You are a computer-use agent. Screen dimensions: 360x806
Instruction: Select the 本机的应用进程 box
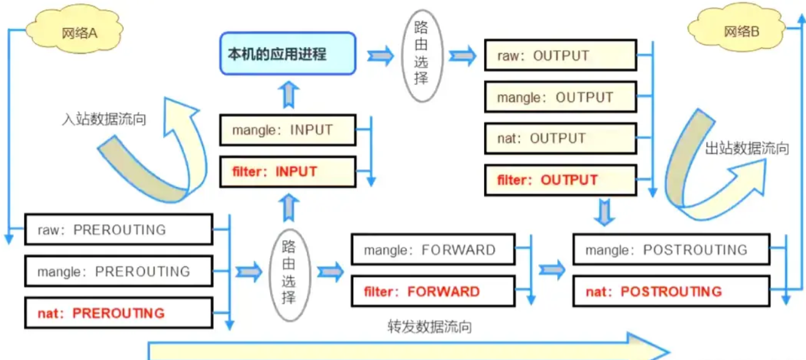pos(287,54)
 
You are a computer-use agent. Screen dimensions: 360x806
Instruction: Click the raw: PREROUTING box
pos(119,230)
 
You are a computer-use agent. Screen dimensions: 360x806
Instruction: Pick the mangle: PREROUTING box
pos(119,271)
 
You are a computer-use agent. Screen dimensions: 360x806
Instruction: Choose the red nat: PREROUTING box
pos(119,313)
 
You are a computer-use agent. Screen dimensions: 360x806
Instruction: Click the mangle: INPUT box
pos(288,130)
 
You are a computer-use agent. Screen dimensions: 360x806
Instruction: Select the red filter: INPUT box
pos(288,172)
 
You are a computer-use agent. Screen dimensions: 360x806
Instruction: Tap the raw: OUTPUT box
pos(560,56)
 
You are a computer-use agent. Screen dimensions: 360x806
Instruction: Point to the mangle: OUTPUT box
pos(560,97)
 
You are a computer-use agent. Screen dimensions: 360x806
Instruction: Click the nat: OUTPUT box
pos(560,138)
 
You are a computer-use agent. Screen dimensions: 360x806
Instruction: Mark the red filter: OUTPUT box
pos(560,180)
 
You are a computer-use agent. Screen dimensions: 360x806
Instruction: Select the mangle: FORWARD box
pos(433,249)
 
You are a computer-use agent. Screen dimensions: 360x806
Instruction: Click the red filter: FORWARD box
pos(433,292)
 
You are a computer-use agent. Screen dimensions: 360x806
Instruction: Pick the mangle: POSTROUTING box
pos(670,249)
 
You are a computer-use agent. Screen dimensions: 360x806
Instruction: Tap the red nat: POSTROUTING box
pos(670,292)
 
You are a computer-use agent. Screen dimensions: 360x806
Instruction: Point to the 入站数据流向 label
pos(104,119)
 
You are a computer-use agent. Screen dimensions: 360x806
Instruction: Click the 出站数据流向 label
pos(747,149)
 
